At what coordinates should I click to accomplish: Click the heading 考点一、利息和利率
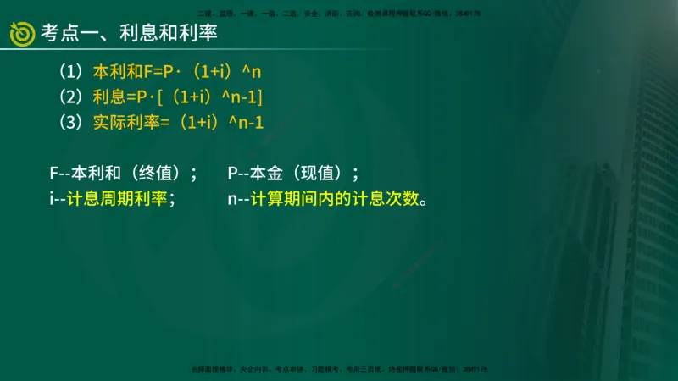pos(123,34)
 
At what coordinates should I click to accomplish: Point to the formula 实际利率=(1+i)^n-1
pos(178,122)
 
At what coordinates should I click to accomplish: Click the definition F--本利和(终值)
pos(123,174)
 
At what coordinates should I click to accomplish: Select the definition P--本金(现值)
pos(293,174)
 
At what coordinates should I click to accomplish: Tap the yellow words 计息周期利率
pos(123,201)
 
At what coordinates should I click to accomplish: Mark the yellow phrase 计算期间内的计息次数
pos(335,201)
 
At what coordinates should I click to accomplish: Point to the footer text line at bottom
pos(339,369)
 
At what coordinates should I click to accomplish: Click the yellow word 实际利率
pos(125,122)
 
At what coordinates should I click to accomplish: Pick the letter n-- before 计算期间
pos(238,201)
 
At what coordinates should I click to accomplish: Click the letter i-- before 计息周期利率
pos(57,201)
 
